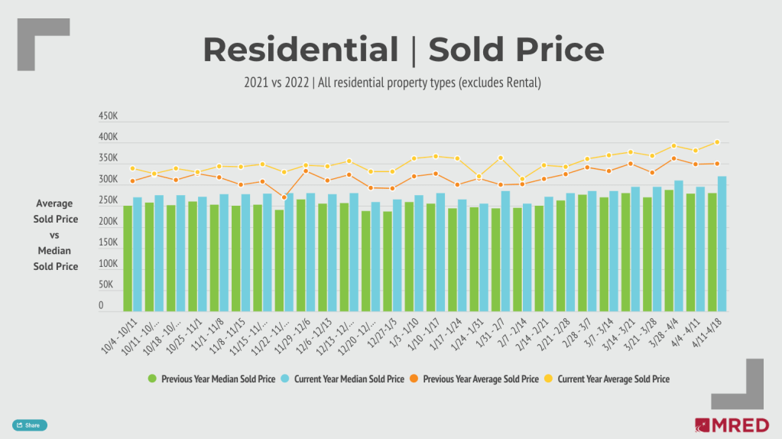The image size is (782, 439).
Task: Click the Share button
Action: [x=29, y=425]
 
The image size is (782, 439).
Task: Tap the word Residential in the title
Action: [x=300, y=50]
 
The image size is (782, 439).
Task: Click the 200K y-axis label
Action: [x=109, y=222]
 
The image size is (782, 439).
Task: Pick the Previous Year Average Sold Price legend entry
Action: [x=476, y=379]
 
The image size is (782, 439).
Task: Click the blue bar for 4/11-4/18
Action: [x=722, y=243]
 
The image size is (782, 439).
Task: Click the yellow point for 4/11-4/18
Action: [x=717, y=141]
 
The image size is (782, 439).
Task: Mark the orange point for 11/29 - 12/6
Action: [x=306, y=171]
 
